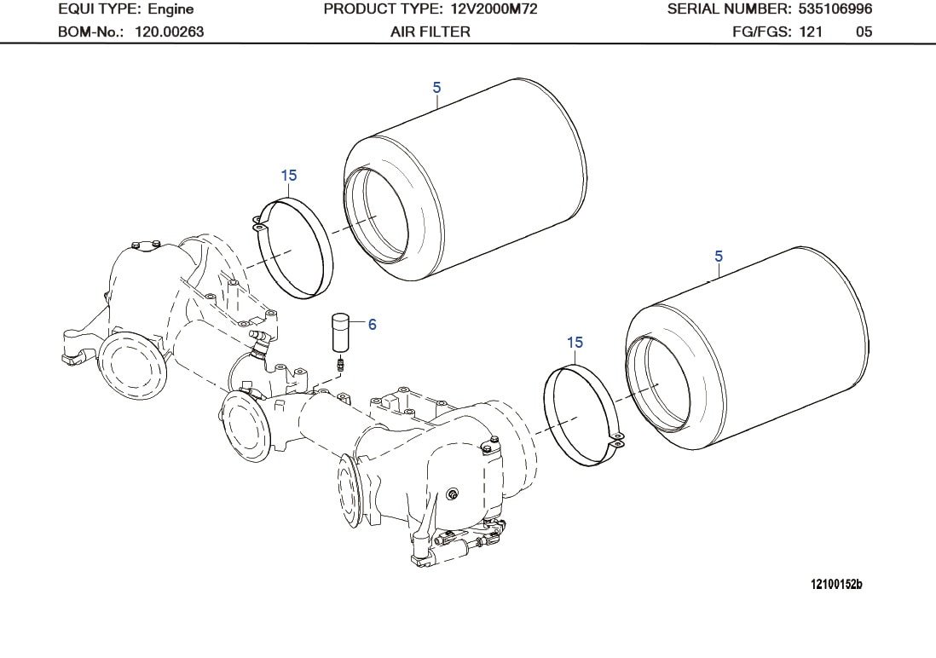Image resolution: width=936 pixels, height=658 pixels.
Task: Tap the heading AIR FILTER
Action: (x=430, y=32)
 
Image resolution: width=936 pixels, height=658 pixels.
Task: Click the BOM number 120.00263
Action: (x=170, y=32)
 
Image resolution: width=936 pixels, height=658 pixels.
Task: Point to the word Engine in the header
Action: (x=170, y=9)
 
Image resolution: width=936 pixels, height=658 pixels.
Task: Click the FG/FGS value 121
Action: (x=811, y=32)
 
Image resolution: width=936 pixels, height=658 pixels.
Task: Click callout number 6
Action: (x=372, y=324)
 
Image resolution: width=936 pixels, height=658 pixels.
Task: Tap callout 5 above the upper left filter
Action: (x=436, y=87)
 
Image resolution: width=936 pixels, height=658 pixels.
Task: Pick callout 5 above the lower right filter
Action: (x=719, y=256)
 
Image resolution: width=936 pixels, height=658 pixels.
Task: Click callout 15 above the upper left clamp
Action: (x=289, y=176)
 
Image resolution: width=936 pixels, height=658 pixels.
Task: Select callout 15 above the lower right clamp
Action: (x=575, y=342)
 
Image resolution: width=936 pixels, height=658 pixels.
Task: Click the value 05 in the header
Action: (x=864, y=32)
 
